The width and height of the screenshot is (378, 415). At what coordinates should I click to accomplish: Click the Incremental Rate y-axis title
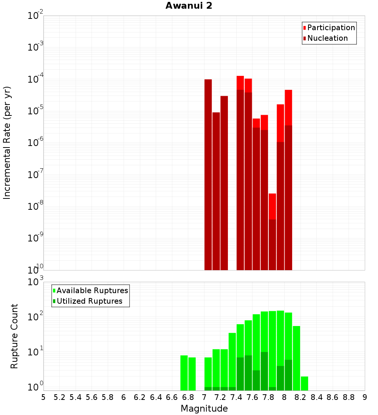[x=7, y=143]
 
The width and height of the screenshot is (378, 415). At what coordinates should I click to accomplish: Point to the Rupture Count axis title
[x=14, y=336]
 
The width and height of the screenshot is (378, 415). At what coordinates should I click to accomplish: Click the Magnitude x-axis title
[x=204, y=408]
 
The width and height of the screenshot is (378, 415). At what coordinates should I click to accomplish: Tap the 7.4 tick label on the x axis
[x=236, y=397]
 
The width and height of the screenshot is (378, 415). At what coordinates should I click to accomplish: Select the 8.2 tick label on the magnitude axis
[x=301, y=397]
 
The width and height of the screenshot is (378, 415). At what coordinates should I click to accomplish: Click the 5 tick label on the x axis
[x=43, y=397]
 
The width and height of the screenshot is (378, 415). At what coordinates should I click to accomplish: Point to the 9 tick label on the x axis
[x=365, y=397]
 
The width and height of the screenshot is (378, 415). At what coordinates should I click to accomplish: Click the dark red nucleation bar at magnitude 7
[x=208, y=174]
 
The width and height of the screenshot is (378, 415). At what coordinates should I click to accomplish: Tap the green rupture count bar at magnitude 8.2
[x=304, y=383]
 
